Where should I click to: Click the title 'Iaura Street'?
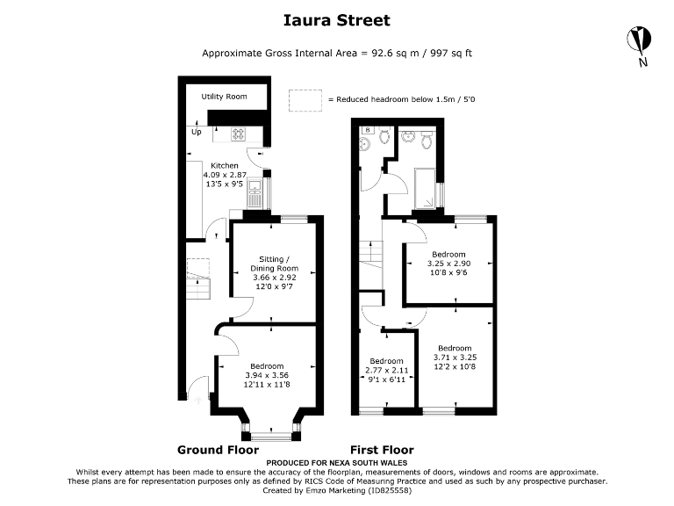click(337, 19)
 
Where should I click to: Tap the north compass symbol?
click(640, 40)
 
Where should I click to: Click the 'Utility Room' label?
click(224, 97)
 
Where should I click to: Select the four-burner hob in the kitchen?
click(238, 134)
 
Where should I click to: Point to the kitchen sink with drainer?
click(256, 192)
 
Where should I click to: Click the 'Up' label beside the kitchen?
click(196, 133)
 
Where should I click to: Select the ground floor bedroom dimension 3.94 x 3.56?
click(266, 375)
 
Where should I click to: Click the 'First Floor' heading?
click(382, 450)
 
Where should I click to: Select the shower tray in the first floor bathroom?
click(426, 185)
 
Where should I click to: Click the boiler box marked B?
click(367, 129)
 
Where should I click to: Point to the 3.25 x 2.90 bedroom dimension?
click(448, 264)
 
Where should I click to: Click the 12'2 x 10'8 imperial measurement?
click(455, 365)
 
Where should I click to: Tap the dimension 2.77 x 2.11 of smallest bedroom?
click(386, 371)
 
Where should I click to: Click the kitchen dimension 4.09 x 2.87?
click(224, 176)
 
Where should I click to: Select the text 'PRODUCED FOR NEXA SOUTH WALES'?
click(337, 462)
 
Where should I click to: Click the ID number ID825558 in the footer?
click(387, 490)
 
